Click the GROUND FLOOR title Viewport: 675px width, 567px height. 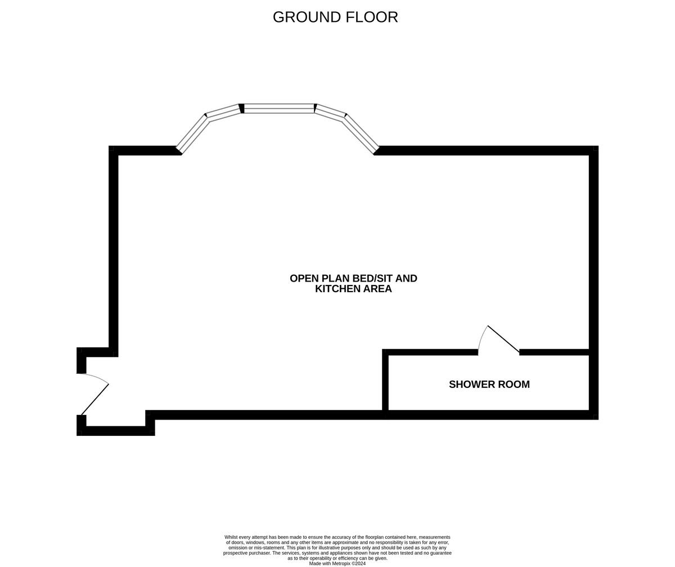tap(335, 17)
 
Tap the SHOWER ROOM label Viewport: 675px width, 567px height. tap(489, 385)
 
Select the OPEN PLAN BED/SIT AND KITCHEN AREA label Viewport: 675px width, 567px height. tap(353, 284)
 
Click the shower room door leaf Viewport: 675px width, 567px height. tap(503, 340)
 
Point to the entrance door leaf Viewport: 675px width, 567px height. tap(95, 399)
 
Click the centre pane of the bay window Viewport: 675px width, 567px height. tap(279, 109)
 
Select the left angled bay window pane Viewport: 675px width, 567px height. tap(192, 133)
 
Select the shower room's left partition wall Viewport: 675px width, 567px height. tap(385, 381)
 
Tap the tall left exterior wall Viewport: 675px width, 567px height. tap(113, 248)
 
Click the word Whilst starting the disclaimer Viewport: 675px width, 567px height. tap(233, 537)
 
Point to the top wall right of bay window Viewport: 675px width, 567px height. tap(484, 150)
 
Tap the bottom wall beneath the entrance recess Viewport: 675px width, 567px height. tap(115, 431)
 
